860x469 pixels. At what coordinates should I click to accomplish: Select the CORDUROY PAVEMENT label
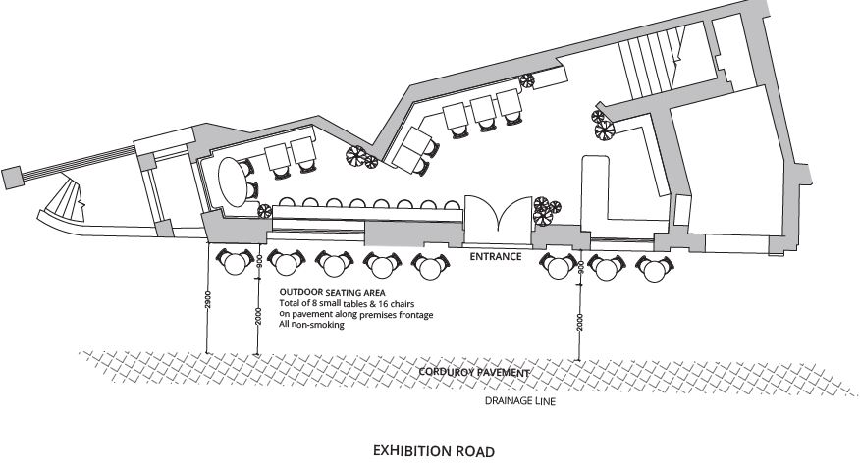pyautogui.click(x=474, y=373)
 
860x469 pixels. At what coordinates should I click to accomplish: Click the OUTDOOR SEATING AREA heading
pyautogui.click(x=331, y=292)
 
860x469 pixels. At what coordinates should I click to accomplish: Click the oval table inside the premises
pyautogui.click(x=234, y=182)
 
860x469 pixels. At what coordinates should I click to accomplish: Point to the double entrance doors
pyautogui.click(x=497, y=217)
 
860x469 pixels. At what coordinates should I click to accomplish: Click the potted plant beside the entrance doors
pyautogui.click(x=544, y=208)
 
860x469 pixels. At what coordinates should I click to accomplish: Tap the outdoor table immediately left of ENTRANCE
pyautogui.click(x=428, y=264)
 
